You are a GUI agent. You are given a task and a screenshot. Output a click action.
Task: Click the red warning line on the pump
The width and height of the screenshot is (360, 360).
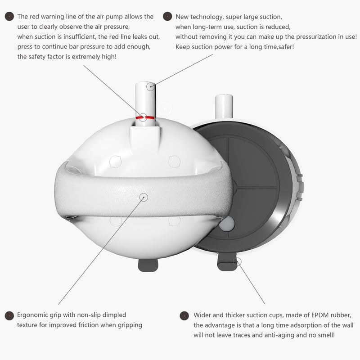145,117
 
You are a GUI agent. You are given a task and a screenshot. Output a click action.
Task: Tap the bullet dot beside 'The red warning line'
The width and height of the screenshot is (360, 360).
9,17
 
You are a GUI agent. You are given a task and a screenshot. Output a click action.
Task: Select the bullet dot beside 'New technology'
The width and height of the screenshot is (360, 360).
167,17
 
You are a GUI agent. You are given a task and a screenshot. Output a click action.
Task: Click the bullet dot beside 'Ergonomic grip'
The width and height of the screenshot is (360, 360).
9,316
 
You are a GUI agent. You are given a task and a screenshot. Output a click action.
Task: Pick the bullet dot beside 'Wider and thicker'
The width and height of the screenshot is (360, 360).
184,316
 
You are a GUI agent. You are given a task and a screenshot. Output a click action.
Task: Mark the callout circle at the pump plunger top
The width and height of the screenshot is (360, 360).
151,86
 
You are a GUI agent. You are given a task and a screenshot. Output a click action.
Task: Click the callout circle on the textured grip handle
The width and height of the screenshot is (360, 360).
144,197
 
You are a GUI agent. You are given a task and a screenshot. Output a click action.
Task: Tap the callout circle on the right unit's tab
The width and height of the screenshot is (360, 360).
238,261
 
